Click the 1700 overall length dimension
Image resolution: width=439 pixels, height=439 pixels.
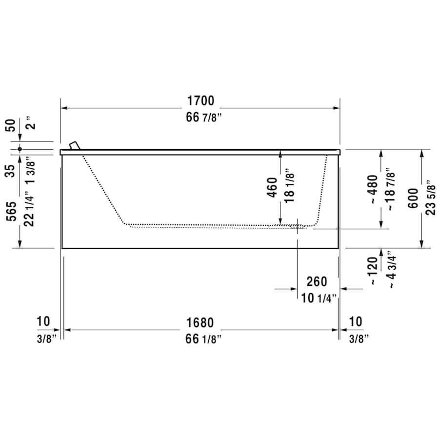[200, 101]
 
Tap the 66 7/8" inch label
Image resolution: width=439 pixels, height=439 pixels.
[200, 118]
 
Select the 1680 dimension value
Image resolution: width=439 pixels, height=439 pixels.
[200, 322]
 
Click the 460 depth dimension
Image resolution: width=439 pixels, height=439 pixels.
[273, 187]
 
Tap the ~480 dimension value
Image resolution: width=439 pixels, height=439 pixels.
[373, 189]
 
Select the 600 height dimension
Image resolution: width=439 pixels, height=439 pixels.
[413, 198]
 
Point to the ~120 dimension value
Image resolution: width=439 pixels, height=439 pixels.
[373, 271]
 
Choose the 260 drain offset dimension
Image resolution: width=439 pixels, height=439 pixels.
[317, 281]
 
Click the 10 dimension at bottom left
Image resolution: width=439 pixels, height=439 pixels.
[43, 321]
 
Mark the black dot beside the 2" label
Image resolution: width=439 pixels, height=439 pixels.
[20, 148]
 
